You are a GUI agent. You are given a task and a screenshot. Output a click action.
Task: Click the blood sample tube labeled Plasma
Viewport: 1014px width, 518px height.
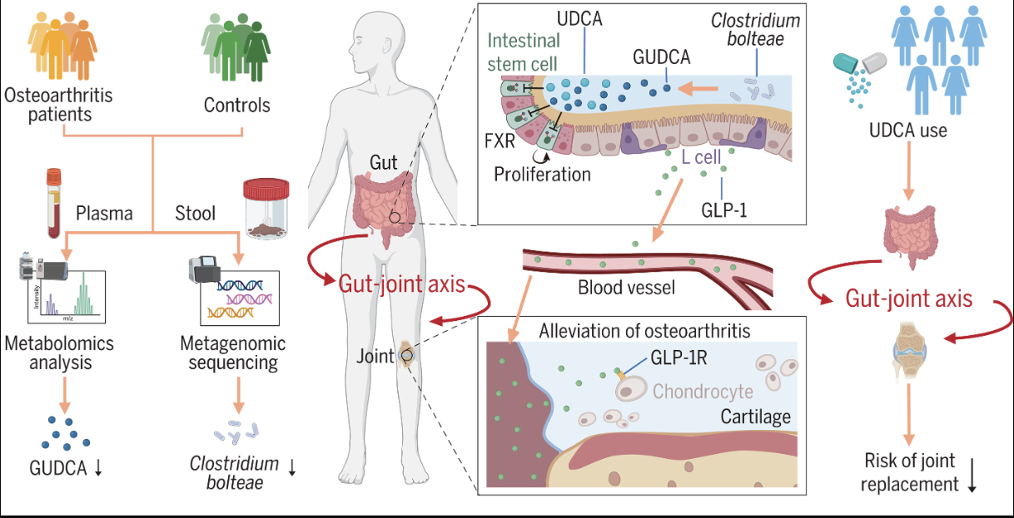pos(54,203)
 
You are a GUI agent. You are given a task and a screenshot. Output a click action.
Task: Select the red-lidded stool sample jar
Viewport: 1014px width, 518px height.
pos(266,209)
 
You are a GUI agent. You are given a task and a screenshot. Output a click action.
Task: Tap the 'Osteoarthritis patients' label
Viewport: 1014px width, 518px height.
pos(58,105)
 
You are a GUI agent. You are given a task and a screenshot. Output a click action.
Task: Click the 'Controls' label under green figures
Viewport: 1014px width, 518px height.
pos(236,106)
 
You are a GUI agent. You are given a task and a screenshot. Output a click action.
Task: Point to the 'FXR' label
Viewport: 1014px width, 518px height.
pos(500,141)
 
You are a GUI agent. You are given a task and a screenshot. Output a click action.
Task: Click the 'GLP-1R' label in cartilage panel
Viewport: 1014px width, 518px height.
pos(678,358)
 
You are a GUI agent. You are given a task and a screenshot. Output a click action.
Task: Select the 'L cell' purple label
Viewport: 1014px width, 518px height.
pos(701,157)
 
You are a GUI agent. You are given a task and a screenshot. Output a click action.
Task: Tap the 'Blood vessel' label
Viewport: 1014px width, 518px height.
pos(627,288)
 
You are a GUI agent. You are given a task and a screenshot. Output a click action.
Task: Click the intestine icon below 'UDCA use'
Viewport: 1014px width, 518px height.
pos(910,235)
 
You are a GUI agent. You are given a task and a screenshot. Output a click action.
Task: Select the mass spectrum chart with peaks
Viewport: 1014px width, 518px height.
pos(67,297)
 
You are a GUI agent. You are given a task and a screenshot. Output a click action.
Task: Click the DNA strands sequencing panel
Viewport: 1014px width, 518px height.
pos(240,298)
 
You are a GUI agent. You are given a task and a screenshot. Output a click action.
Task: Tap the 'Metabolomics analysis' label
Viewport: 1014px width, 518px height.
pos(59,353)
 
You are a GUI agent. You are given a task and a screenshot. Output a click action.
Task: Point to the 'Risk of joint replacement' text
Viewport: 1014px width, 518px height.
pos(910,472)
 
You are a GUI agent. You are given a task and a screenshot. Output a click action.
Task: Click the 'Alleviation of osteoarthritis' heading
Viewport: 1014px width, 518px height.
pos(644,331)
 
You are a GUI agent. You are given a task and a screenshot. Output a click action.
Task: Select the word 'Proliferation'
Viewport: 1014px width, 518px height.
pos(542,174)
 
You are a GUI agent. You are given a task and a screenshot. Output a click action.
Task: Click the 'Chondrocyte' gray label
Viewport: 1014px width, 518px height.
pos(703,392)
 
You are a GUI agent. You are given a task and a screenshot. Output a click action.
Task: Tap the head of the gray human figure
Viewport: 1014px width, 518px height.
pos(376,39)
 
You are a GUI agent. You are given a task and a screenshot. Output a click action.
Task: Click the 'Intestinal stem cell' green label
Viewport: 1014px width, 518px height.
pos(524,52)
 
